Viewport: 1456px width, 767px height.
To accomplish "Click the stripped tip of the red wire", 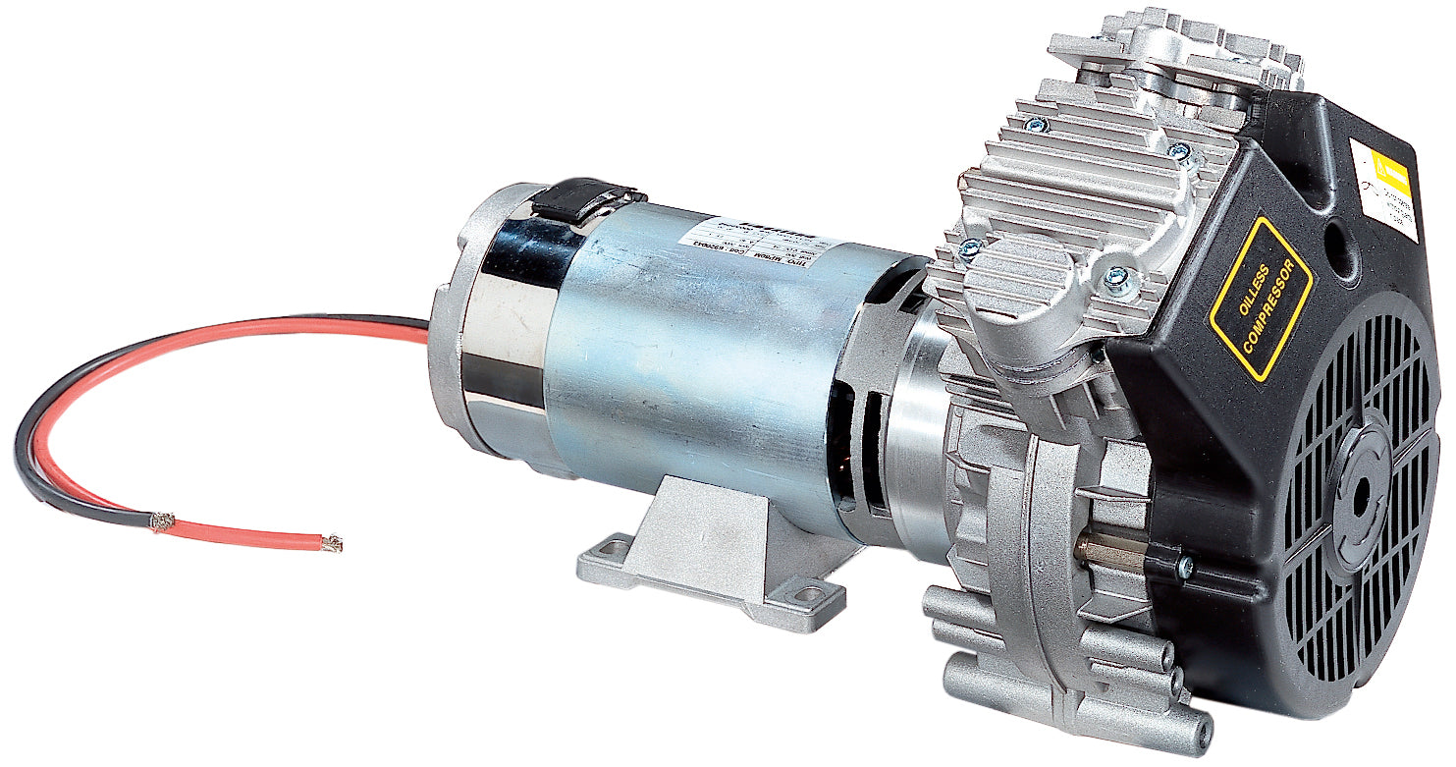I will coord(333,542).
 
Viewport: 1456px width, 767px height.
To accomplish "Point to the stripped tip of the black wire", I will coord(162,520).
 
